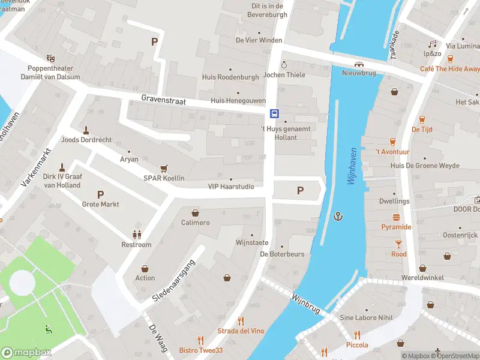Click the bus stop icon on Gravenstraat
274,113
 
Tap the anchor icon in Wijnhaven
338,216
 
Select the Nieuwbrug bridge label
358,73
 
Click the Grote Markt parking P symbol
100,194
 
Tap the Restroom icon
136,235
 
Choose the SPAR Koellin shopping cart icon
163,169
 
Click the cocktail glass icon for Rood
398,244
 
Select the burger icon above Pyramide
397,217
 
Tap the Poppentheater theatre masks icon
50,58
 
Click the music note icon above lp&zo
432,44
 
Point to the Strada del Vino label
241,331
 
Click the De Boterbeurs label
282,254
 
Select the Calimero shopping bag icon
195,212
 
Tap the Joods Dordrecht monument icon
86,130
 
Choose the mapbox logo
26,353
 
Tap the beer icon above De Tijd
422,119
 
